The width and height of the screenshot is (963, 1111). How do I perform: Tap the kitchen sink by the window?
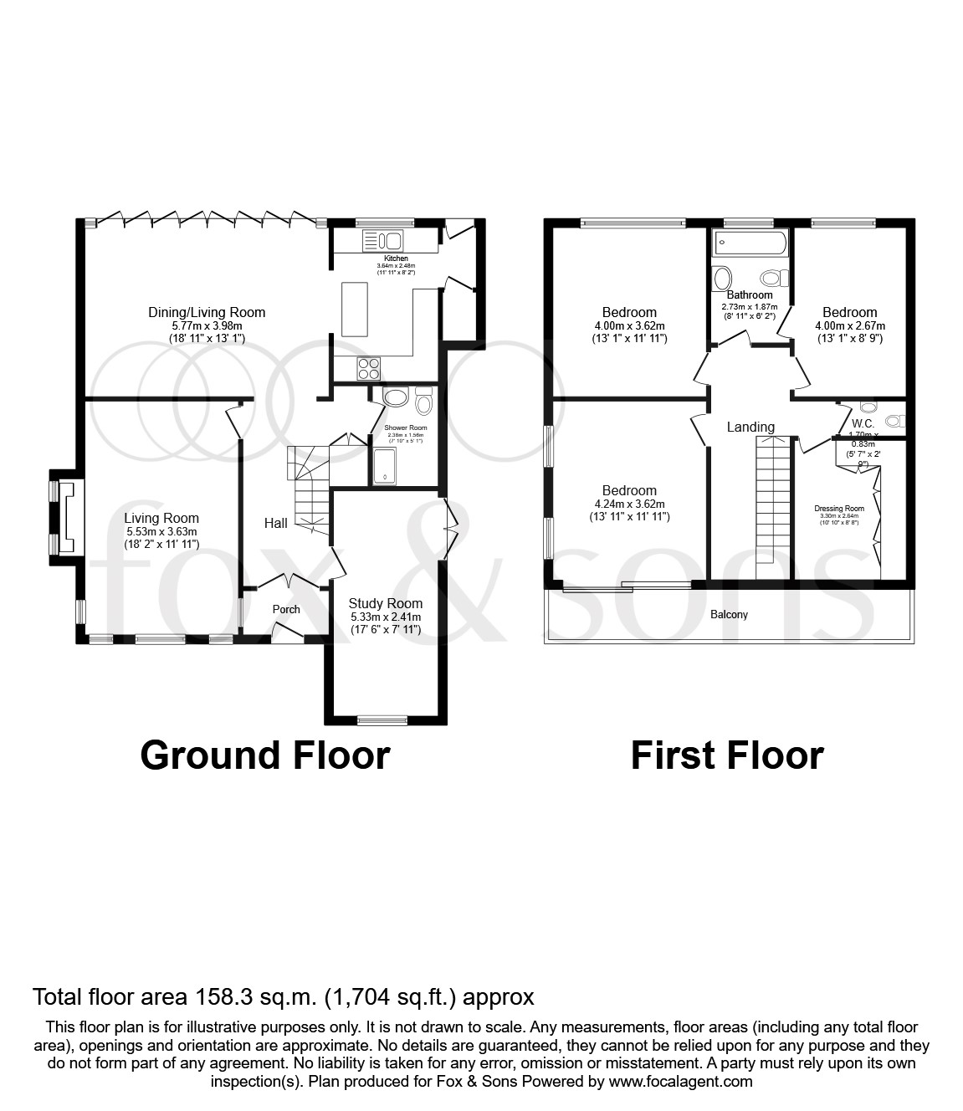(383, 241)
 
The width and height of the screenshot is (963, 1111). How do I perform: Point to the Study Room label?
(386, 603)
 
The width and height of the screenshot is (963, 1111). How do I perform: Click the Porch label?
(286, 609)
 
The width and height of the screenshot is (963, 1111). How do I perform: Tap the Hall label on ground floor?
(276, 523)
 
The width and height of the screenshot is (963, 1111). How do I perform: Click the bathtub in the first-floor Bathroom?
(750, 244)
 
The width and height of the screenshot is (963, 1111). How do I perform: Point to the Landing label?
(750, 427)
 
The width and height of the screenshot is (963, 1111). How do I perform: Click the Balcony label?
(730, 615)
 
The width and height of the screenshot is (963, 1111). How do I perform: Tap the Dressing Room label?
(839, 508)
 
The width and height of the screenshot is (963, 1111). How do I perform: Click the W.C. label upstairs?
(863, 423)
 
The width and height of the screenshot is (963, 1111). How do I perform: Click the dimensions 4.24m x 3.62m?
(628, 504)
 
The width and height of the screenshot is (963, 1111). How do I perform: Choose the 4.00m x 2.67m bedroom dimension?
(849, 326)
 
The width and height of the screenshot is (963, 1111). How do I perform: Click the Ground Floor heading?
(265, 755)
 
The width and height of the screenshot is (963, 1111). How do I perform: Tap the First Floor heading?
(726, 755)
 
